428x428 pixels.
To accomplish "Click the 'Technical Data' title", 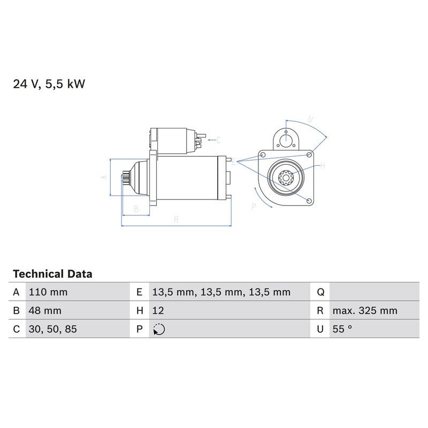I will pyautogui.click(x=52, y=274).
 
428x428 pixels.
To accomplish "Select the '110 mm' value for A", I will pyautogui.click(x=48, y=292).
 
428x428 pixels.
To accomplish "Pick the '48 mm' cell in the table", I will pyautogui.click(x=45, y=311).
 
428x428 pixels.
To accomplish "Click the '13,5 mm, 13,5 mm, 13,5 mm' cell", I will pyautogui.click(x=221, y=292).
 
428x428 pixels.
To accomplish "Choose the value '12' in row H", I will pyautogui.click(x=158, y=311).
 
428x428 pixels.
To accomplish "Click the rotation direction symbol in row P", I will pyautogui.click(x=159, y=330).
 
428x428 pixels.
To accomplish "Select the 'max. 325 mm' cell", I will pyautogui.click(x=364, y=311).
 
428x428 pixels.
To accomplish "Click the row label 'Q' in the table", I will pyautogui.click(x=320, y=292).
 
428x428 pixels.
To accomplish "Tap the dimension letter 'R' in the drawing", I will pyautogui.click(x=176, y=219).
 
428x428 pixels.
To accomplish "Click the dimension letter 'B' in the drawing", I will pyautogui.click(x=136, y=209).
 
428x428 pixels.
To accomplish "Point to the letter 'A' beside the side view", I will pyautogui.click(x=105, y=177).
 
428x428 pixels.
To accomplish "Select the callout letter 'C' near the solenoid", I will pyautogui.click(x=218, y=140).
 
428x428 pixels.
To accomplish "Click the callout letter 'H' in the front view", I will pyautogui.click(x=322, y=166).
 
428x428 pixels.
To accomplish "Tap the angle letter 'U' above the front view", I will pyautogui.click(x=311, y=119).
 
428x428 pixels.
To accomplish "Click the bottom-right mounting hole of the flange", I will pyautogui.click(x=309, y=201).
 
